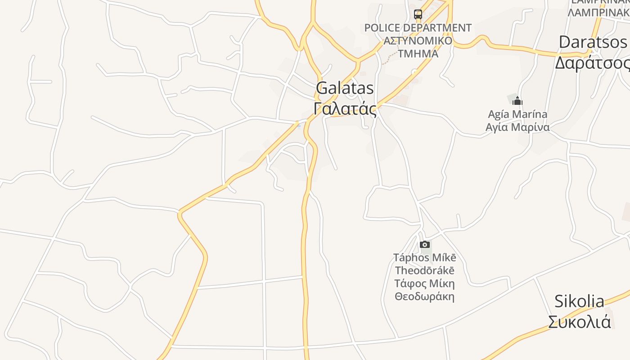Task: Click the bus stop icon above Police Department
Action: tap(418, 14)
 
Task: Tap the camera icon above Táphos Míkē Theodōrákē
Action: tap(424, 245)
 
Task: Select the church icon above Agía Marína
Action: tap(517, 100)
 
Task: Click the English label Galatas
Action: tap(345, 88)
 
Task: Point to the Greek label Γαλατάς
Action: tap(345, 109)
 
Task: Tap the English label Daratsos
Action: tap(593, 42)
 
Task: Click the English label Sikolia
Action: tap(579, 301)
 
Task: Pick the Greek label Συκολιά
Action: tap(579, 322)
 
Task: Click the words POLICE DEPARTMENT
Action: tap(418, 28)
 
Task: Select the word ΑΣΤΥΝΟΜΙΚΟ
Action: tap(418, 41)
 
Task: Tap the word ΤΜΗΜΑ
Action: tap(418, 54)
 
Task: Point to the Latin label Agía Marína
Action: tap(517, 114)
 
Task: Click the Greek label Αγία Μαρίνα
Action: tap(517, 127)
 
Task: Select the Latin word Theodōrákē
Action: tap(424, 270)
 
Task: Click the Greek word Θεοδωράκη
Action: tap(424, 297)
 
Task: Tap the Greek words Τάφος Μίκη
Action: tap(424, 283)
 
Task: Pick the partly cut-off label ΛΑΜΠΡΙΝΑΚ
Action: tap(598, 12)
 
